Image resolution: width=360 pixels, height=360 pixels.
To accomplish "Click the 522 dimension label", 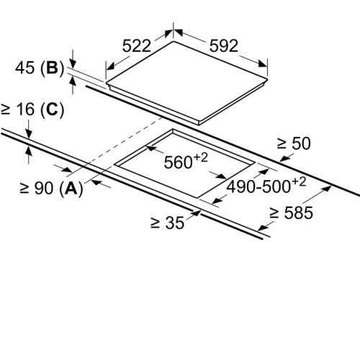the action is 137,46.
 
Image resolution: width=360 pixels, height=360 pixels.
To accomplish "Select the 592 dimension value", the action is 224,46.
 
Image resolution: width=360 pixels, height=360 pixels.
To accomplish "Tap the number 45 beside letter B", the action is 24,68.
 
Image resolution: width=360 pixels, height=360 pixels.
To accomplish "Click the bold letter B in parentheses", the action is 53,68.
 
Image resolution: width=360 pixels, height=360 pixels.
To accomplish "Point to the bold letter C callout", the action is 53,109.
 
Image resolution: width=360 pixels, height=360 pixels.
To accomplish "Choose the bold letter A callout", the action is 71,188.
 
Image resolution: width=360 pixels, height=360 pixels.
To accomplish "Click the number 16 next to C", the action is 25,109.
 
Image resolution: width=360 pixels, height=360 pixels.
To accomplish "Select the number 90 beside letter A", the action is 44,188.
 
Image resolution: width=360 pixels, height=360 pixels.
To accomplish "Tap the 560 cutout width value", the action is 178,163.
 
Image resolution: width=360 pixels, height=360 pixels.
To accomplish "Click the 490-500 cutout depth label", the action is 258,187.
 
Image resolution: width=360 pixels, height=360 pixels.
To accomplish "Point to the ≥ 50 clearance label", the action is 294,143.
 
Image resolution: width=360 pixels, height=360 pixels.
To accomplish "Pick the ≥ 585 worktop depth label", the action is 291,213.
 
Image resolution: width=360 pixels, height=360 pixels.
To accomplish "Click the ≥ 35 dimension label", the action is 168,223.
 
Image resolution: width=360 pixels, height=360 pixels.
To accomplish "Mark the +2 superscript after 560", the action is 201,158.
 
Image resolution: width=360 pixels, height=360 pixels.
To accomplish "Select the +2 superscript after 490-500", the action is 299,182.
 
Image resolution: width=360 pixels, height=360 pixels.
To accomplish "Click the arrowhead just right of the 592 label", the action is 263,63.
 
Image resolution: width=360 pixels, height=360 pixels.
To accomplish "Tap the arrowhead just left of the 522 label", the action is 110,66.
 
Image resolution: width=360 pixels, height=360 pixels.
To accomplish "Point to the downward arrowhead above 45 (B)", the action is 73,63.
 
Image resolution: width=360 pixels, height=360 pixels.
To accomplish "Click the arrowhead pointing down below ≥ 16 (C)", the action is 29,134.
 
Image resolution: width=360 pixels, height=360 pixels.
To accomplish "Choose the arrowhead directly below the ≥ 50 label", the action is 284,158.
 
